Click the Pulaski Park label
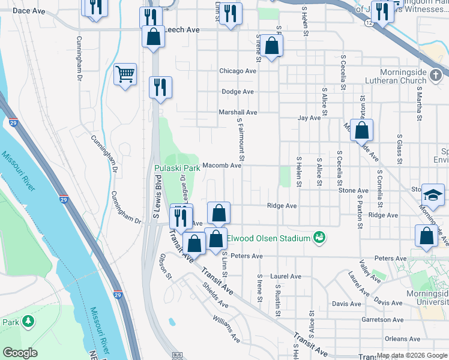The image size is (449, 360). pyautogui.click(x=177, y=169)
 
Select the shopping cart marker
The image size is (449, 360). pyautogui.click(x=125, y=75)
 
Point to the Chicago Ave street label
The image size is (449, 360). pyautogui.click(x=237, y=71)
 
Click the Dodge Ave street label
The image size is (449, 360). pyautogui.click(x=238, y=92)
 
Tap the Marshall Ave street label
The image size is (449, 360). pyautogui.click(x=238, y=112)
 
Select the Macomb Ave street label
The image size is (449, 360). pyautogui.click(x=221, y=166)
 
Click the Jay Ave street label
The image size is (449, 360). pyautogui.click(x=310, y=118)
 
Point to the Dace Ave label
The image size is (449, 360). pyautogui.click(x=29, y=11)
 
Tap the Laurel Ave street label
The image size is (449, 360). pyautogui.click(x=286, y=277)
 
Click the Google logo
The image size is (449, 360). pyautogui.click(x=21, y=353)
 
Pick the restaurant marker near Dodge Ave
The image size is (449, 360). pyautogui.click(x=160, y=87)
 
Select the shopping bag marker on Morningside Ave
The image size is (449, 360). pyautogui.click(x=362, y=130)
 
